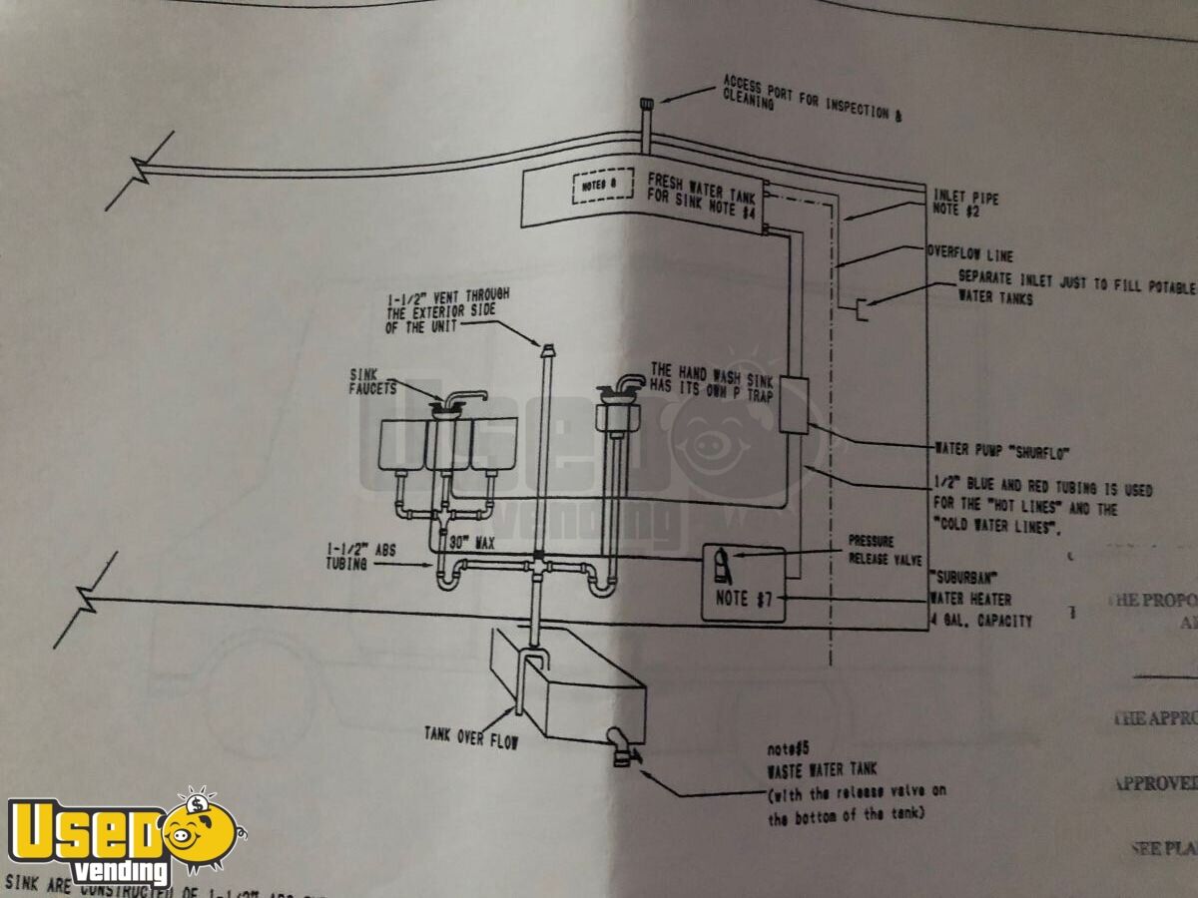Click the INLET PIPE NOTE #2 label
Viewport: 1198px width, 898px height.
tap(965, 205)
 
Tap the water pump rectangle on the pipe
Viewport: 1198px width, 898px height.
tap(793, 404)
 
